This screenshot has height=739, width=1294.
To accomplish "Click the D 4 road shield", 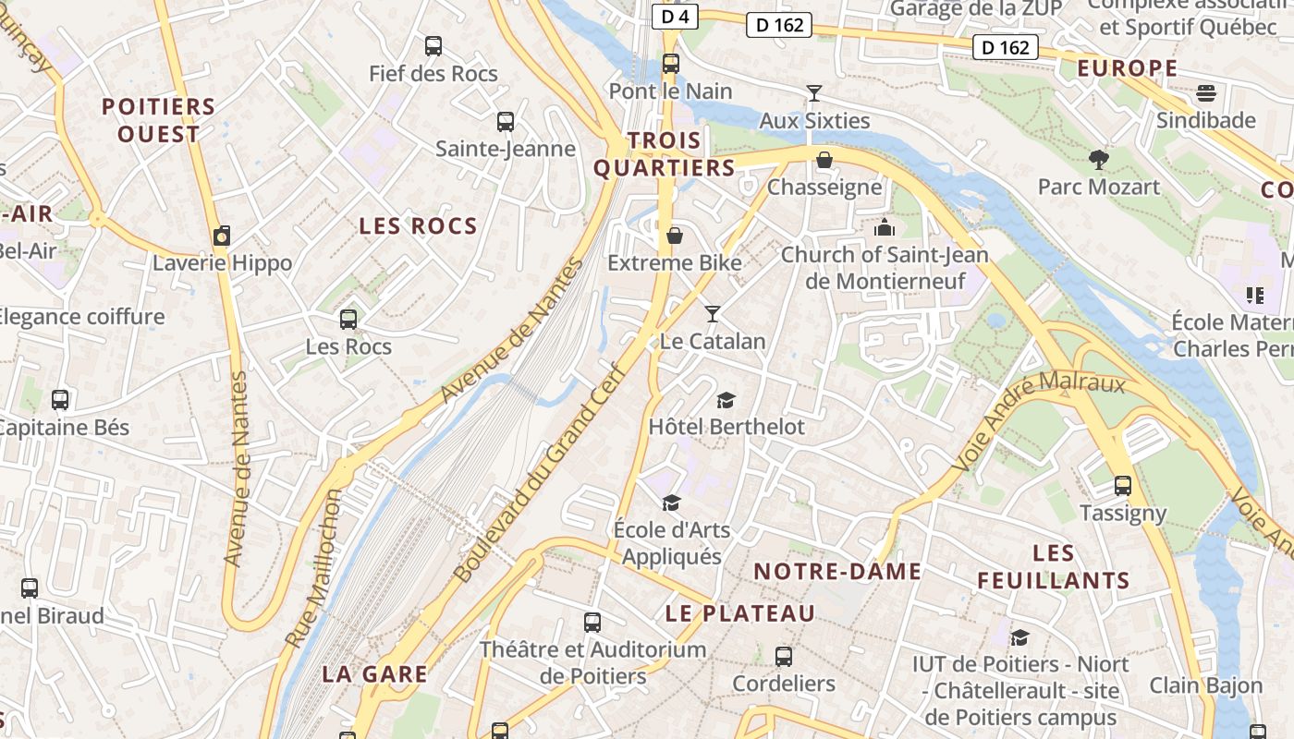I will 676,17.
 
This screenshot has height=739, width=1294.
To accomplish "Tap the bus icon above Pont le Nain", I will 671,64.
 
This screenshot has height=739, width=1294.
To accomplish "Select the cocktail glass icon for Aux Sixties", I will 814,92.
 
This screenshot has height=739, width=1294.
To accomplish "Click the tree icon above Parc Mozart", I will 1098,159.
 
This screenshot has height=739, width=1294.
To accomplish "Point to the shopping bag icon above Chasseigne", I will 824,160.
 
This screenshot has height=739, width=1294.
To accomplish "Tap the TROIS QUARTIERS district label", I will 665,154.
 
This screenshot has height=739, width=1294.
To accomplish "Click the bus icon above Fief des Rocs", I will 433,45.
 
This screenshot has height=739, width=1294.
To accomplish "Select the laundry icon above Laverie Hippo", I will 222,236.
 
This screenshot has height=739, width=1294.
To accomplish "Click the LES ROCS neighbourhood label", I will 418,226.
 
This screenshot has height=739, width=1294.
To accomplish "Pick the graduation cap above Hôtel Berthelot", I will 726,400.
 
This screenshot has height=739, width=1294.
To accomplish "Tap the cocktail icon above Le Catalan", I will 712,314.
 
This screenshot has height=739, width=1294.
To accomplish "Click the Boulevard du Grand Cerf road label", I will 539,472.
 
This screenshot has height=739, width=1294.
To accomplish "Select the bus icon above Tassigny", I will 1123,485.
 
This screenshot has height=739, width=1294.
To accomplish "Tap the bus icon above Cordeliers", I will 784,657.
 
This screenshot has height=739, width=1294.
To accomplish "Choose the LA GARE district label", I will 374,674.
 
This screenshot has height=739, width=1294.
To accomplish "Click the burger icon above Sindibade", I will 1205,92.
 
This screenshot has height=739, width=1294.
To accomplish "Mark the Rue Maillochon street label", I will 313,569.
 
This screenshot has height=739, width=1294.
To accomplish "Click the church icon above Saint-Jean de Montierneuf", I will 885,226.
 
